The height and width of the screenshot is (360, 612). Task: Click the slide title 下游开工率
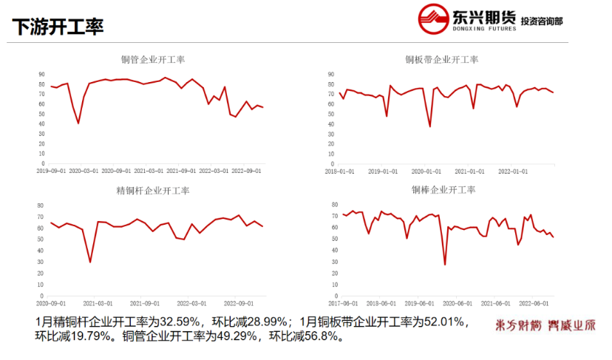[x=58, y=27]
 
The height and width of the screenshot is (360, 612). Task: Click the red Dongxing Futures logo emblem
[x=433, y=20]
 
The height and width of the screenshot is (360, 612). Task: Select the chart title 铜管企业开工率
[x=152, y=60]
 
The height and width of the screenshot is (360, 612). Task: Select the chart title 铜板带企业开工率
[x=441, y=60]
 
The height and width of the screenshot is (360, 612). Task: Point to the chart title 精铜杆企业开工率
[x=153, y=191]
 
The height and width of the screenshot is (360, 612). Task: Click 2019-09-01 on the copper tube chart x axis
[x=52, y=171]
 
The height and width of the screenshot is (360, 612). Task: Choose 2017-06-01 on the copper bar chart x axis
[x=344, y=302]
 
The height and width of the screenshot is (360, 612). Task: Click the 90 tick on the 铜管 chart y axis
[x=41, y=74]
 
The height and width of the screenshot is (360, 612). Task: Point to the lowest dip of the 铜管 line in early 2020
[x=78, y=123]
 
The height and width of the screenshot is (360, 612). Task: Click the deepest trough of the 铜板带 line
[x=430, y=126]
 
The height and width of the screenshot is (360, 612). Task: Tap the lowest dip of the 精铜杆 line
[x=90, y=262]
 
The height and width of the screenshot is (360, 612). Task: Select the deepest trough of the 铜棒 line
[x=445, y=264]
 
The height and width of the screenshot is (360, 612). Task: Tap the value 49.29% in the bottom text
[x=230, y=336]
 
